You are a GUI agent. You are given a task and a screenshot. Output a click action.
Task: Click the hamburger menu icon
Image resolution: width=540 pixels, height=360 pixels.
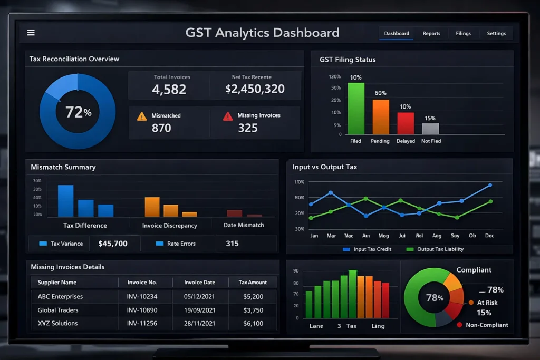coord(31,33)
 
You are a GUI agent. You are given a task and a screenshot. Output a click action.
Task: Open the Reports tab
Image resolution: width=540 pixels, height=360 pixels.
coord(431,33)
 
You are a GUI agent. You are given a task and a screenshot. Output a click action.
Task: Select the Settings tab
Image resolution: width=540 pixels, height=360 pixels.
coord(496,33)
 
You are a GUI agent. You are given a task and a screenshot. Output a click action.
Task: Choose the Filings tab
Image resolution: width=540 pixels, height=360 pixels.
coord(463,33)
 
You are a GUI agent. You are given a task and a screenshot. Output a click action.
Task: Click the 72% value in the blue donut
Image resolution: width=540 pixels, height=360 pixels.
coord(78,112)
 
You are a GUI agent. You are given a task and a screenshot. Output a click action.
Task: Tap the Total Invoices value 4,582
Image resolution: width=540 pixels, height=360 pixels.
coord(169,89)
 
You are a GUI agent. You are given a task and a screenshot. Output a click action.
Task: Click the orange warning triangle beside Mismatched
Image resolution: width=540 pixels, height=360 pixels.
coord(142,116)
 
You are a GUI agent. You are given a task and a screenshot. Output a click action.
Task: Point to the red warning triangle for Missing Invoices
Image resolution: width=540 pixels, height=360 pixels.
coord(228,116)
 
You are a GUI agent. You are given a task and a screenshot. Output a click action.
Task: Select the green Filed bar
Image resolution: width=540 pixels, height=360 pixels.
coord(356,109)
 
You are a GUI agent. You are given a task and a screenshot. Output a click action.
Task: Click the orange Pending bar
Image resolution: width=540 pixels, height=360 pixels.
coord(381,117)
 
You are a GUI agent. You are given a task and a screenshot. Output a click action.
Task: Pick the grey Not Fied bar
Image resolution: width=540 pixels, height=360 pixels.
coord(430,129)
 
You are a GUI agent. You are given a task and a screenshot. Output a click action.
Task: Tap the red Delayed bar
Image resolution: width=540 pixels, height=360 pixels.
coord(406,123)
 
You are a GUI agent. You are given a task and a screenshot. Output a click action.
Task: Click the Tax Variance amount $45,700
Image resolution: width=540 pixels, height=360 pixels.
coord(113,244)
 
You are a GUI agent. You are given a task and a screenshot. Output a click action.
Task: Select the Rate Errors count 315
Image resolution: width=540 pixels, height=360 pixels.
coord(232,244)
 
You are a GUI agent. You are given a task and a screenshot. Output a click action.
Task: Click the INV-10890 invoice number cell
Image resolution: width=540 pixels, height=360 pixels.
coord(142,310)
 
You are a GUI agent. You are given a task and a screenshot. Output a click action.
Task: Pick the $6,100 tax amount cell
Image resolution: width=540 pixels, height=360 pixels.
coord(253,323)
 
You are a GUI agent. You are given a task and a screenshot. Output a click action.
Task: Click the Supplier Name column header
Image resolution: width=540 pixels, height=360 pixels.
coord(57,283)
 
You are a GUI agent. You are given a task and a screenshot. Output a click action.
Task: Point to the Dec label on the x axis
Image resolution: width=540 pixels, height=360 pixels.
coord(489,236)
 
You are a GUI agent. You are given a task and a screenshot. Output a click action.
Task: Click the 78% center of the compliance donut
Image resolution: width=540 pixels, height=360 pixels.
coord(434,298)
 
